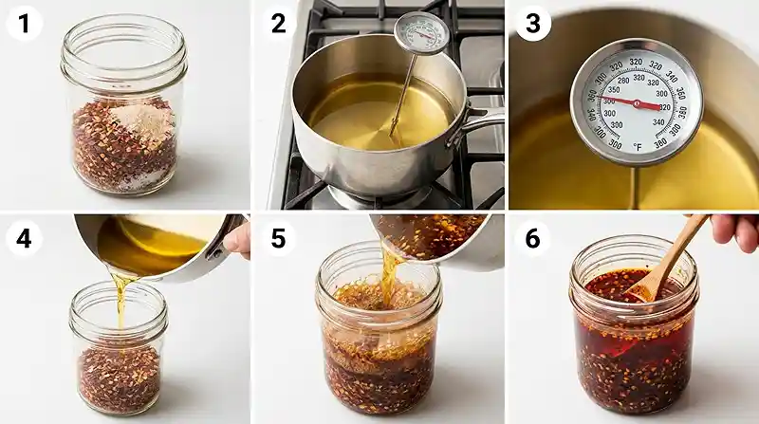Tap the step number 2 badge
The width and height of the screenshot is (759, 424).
pyautogui.click(x=278, y=23)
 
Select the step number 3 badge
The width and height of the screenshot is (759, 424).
pyautogui.click(x=532, y=23)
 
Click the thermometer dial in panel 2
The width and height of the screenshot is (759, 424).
pyautogui.click(x=421, y=34)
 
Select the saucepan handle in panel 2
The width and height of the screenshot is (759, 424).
pyautogui.click(x=483, y=117)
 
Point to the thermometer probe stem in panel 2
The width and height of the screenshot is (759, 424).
pyautogui.click(x=402, y=95)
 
